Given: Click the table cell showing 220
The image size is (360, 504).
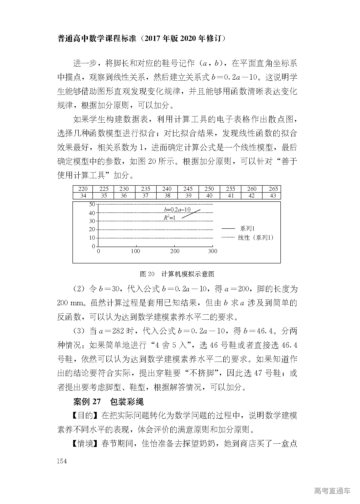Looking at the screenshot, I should pos(83,189).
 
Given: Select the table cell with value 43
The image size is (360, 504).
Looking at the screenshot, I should pos(273,196).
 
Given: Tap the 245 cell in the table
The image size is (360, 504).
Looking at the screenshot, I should pos(188,189).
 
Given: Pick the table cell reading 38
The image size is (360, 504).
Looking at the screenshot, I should pos(167,196).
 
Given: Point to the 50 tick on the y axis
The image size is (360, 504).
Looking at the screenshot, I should pos(92,204).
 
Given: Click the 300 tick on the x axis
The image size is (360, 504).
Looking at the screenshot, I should pos(213,251).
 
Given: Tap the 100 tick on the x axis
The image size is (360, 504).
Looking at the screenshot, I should pos(135,251).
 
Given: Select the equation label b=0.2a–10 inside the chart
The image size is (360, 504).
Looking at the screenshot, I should pos(177,210).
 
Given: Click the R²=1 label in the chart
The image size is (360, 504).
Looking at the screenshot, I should pos(169,217).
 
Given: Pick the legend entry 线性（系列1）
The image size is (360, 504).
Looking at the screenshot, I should pos(255,238).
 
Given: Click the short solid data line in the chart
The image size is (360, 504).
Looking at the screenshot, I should pos(191,213).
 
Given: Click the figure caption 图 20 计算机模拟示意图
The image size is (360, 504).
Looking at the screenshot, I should pos(177,274).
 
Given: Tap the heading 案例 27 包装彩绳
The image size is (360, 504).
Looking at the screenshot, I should pos(108,402).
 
